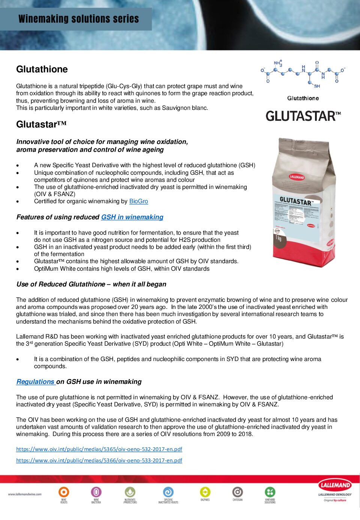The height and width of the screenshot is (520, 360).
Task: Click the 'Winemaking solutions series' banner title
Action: coord(79,19)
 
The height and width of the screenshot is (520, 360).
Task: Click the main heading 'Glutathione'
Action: coord(42,69)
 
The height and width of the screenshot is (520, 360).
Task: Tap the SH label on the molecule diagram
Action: coord(317,86)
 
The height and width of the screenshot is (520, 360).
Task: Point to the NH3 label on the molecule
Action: coord(278,63)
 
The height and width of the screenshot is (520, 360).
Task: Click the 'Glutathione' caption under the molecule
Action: coord(303,98)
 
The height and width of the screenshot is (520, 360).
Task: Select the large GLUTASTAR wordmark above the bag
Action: coord(303,116)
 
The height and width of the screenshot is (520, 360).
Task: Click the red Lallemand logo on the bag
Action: coord(297,177)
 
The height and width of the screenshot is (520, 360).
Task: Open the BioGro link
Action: coord(138,201)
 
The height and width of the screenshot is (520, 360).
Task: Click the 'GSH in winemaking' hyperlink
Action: coord(132,217)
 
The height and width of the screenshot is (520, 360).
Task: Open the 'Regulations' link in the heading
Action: coord(36,382)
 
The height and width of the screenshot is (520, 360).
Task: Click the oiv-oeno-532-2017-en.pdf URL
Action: coord(99,449)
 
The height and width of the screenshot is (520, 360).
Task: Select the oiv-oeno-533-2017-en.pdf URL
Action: coord(99,460)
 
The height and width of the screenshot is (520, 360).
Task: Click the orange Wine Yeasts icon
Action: coord(64,492)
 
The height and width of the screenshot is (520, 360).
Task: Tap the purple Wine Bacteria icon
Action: coord(96,492)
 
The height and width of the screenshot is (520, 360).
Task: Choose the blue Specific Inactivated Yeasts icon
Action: coord(168,492)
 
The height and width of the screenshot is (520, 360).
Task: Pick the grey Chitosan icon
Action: coord(237,492)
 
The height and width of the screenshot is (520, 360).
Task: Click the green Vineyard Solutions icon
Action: coord(270,492)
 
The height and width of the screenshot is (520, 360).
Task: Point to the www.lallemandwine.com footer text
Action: coord(25,494)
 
